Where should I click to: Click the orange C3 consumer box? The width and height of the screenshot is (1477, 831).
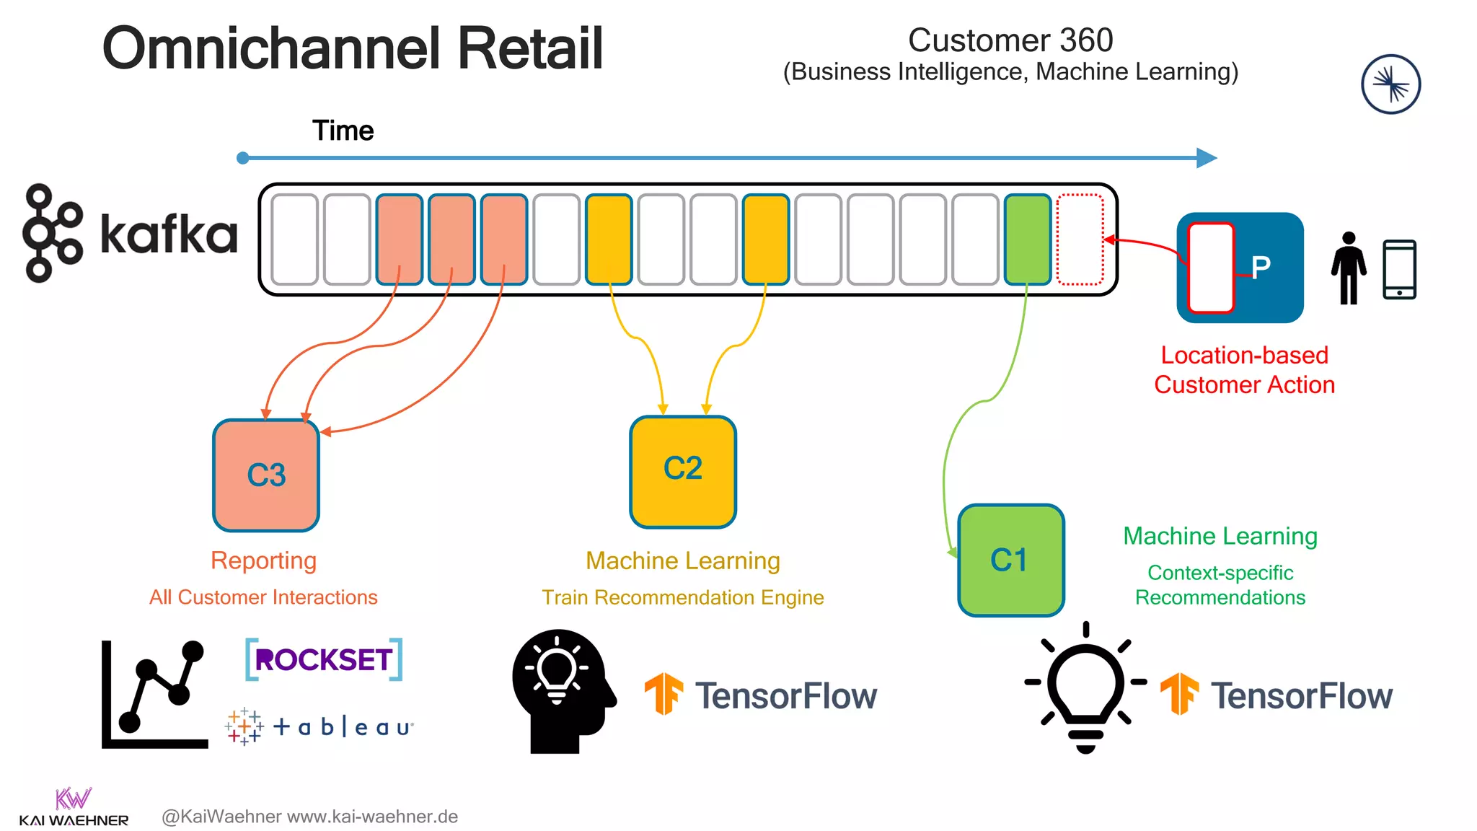tap(266, 475)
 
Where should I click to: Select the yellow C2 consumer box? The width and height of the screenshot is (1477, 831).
tap(683, 472)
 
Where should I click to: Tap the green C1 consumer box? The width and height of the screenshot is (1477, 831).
tap(1011, 560)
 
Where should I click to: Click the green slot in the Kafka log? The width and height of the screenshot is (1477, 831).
tap(1028, 239)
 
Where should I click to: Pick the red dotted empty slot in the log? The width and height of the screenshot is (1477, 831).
tap(1080, 239)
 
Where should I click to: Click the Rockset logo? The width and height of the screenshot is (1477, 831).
tap(324, 659)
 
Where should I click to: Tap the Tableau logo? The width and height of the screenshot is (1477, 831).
tap(319, 726)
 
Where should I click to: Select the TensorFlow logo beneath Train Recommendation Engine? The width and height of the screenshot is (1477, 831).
tap(761, 695)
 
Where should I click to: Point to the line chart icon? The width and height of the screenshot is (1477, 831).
tap(154, 694)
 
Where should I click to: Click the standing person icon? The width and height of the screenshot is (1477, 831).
tap(1348, 268)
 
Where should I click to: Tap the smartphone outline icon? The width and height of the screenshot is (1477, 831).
tap(1399, 269)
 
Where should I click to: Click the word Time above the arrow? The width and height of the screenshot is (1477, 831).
tap(343, 131)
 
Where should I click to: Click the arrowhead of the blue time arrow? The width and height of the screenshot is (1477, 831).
tap(1207, 158)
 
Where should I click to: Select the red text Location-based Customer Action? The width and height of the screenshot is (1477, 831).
tap(1244, 370)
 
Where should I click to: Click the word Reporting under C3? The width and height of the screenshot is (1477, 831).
tap(263, 560)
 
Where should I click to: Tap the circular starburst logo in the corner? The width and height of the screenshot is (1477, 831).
tap(1390, 84)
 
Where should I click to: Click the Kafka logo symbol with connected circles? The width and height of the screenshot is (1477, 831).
tap(52, 233)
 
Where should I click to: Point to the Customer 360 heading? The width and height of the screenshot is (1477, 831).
tap(1010, 40)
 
